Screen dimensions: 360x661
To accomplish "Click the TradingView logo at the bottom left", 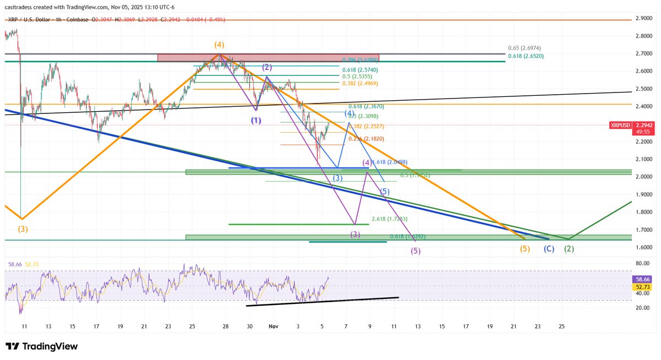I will (x=41, y=347).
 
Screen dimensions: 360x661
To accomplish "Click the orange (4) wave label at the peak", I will (x=219, y=45).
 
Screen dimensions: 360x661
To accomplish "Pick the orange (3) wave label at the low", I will (x=23, y=228).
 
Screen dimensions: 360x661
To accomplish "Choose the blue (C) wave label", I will (x=549, y=248).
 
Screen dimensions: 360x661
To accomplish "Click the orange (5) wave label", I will (x=525, y=248).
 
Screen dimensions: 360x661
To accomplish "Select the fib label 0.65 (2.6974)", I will (x=527, y=48).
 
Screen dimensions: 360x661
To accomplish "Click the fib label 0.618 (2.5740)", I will (x=360, y=70).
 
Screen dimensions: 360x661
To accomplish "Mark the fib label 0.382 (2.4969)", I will (x=360, y=83).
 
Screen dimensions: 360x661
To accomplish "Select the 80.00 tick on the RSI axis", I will (x=642, y=264).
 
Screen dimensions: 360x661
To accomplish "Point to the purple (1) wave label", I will (x=256, y=120).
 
